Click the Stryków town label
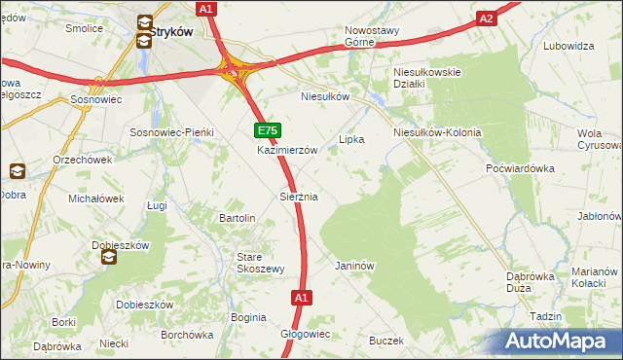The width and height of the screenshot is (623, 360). point(172,31)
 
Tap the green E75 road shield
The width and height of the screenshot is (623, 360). point(268,130)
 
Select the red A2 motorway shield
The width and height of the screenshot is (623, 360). point(488,18)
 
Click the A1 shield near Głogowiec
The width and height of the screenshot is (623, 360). point(301,298)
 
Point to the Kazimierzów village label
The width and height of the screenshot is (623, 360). point(288,151)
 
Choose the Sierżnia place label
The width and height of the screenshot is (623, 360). point(299,197)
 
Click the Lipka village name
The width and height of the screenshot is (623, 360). point(350,139)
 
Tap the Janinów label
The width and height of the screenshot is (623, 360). point(354,265)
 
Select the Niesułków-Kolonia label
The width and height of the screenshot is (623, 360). point(437,132)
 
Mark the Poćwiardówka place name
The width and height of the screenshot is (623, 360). point(519,167)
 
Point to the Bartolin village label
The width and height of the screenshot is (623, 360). point(238,218)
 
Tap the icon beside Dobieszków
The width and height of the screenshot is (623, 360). point(109,258)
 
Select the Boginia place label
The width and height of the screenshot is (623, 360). point(248,317)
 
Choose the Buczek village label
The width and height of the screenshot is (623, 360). point(385,341)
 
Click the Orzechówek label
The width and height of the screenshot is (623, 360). point(56,160)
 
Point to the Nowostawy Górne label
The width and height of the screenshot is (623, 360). point(372,36)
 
